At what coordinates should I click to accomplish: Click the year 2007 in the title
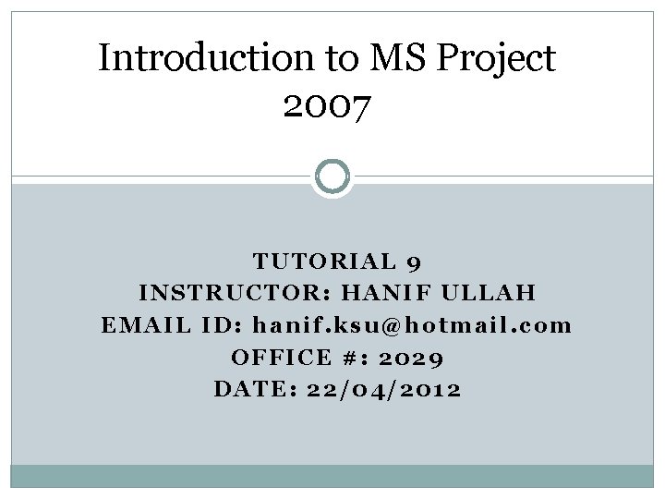click(x=327, y=109)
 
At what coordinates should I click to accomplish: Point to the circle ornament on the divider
click(x=332, y=176)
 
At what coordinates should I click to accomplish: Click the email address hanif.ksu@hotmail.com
click(x=411, y=325)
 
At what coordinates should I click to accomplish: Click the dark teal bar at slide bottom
click(x=332, y=475)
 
